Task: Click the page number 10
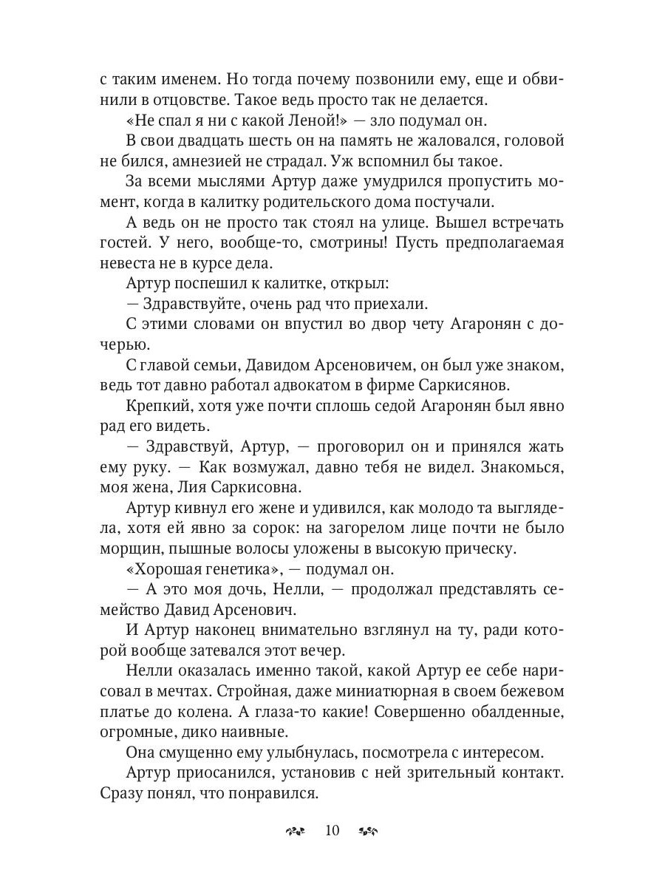point(331,830)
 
